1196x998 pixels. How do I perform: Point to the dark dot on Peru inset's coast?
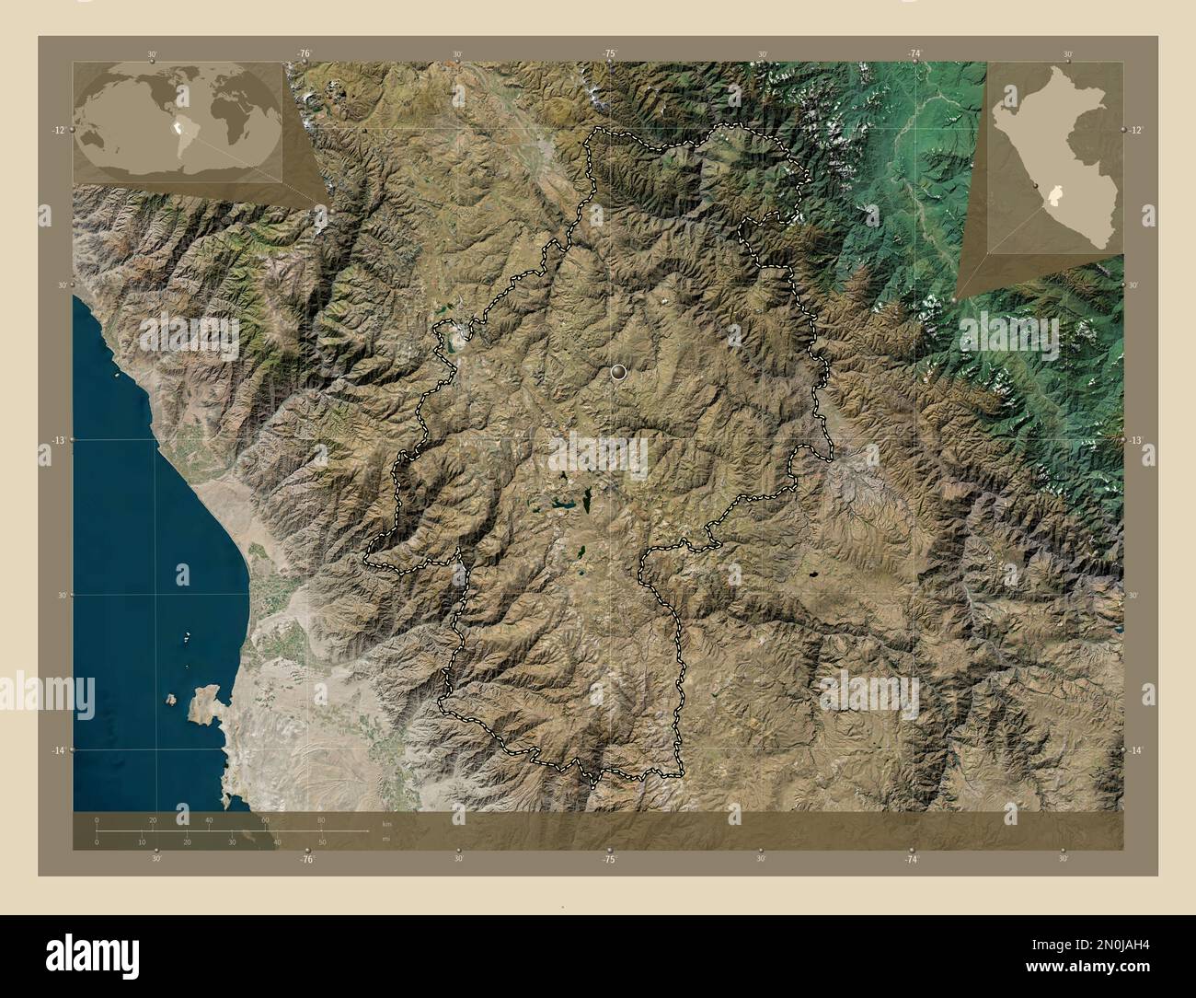[1039, 186]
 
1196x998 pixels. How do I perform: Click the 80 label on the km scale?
[321, 819]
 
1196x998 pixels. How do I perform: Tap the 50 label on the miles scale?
[322, 842]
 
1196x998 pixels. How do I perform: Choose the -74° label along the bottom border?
[911, 858]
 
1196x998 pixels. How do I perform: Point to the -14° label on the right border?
[1137, 751]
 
